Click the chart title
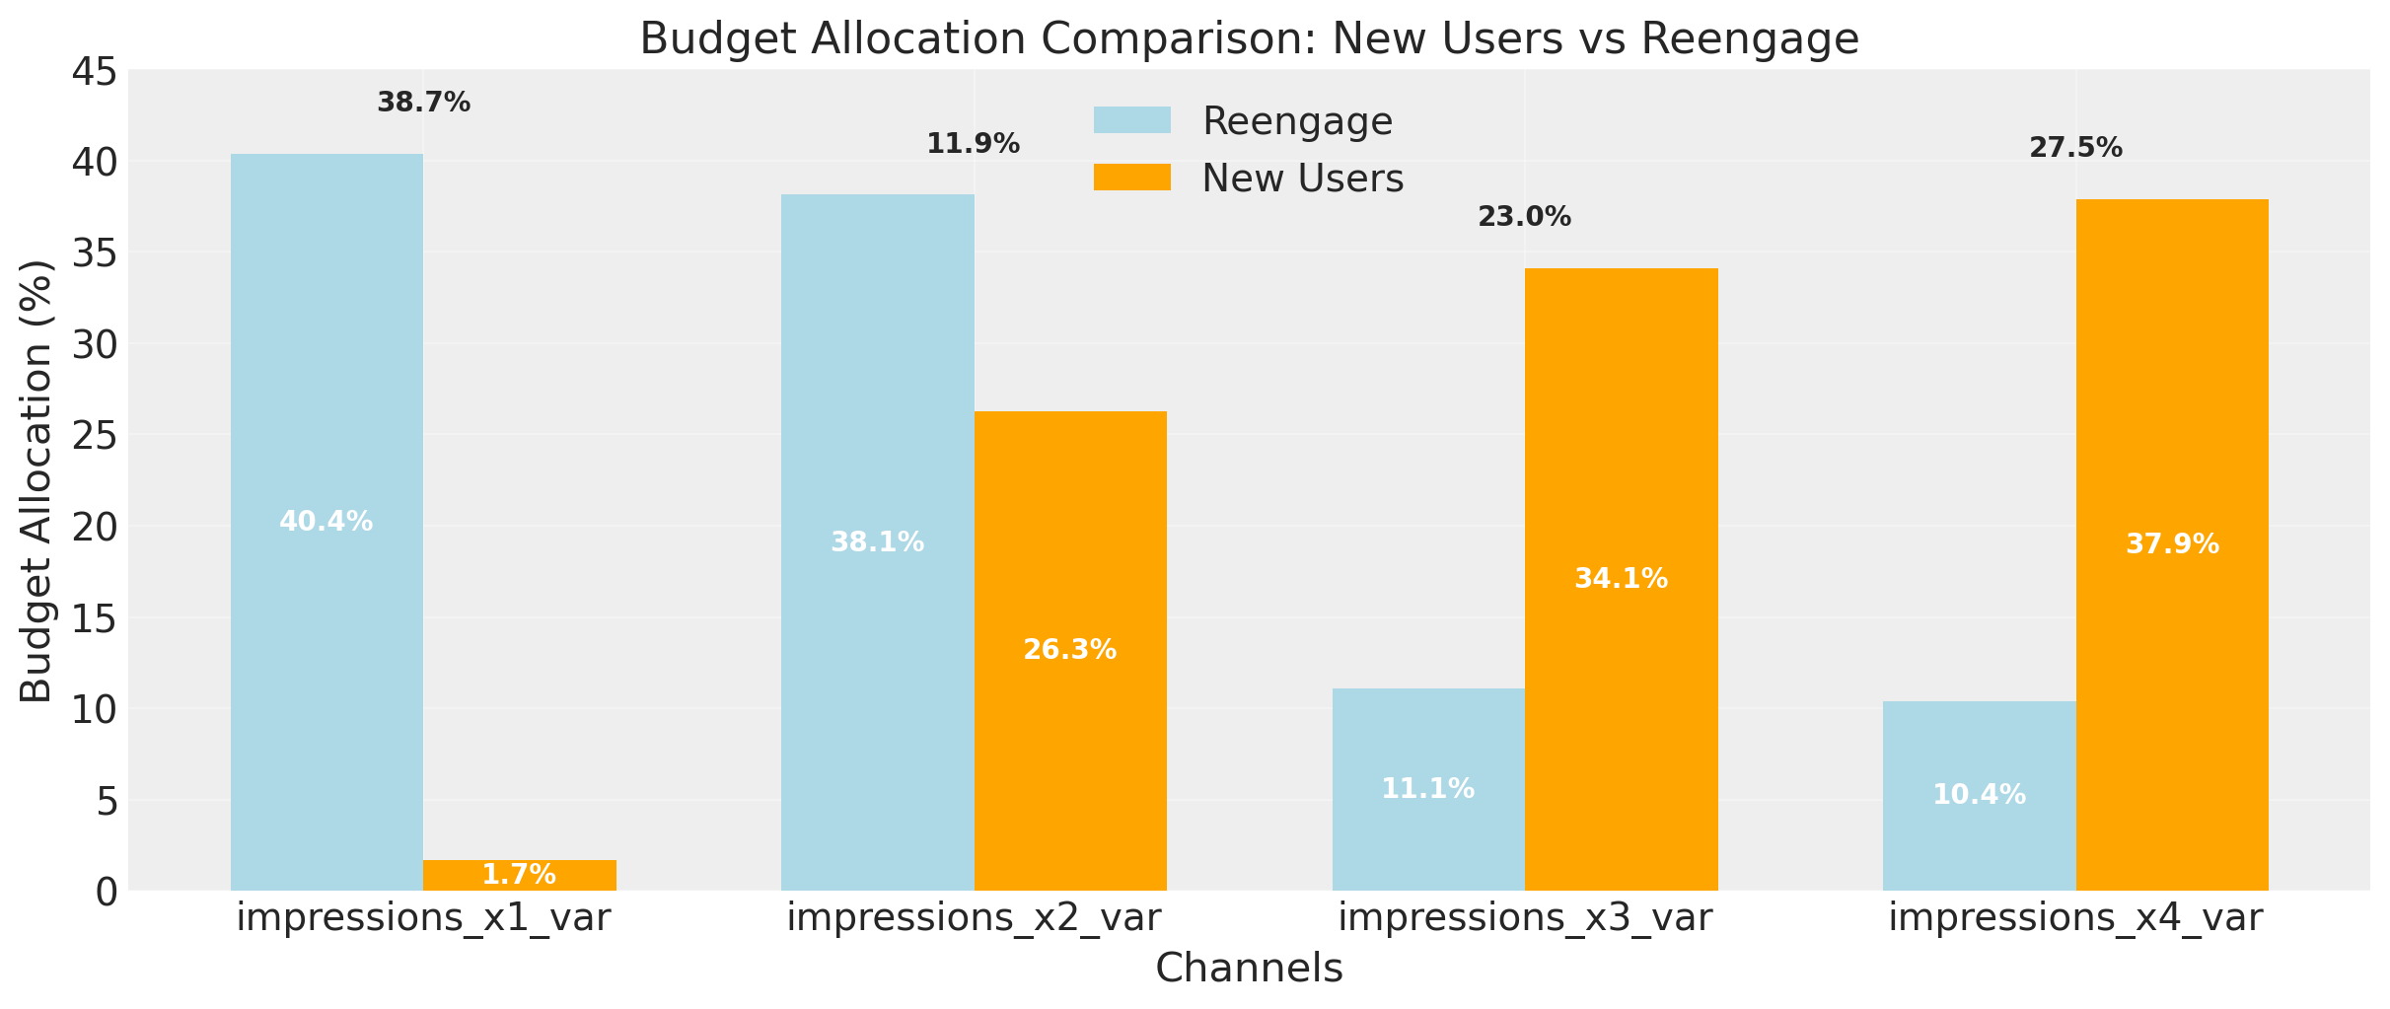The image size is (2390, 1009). tap(1249, 39)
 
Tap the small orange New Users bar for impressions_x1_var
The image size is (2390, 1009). tap(520, 875)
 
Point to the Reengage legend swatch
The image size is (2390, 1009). tap(1131, 120)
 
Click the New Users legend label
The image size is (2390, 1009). tap(1302, 179)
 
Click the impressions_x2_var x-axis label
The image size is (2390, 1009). tap(974, 918)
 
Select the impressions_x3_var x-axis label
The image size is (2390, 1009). tap(1525, 918)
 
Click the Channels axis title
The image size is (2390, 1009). tap(1249, 969)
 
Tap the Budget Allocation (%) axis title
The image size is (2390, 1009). tap(36, 480)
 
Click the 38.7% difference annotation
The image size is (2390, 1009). tap(423, 103)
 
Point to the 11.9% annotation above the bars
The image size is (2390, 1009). tap(973, 144)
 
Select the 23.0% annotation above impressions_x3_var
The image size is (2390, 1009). tap(1524, 217)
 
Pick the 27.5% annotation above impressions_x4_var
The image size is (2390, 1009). tap(2075, 148)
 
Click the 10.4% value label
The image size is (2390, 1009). tap(1979, 795)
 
